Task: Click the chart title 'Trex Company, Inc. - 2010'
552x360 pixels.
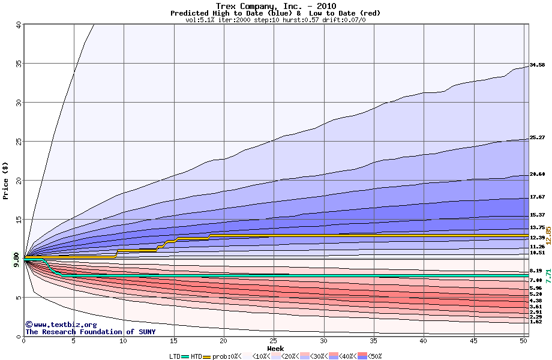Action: [x=275, y=5]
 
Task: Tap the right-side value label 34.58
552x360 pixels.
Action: [x=537, y=65]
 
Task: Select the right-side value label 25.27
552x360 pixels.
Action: [x=537, y=137]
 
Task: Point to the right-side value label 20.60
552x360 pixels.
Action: [x=537, y=174]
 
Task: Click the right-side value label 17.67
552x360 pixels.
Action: [x=537, y=197]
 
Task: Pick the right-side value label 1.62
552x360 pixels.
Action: [x=536, y=322]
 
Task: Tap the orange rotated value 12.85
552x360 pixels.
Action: [x=548, y=235]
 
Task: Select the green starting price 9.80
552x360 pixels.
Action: [x=16, y=258]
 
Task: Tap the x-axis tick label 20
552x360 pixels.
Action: [x=223, y=341]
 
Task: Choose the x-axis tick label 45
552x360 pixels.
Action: [x=473, y=341]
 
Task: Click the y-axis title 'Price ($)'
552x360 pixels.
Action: [x=6, y=180]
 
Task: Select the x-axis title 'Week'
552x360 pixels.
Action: [x=275, y=349]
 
